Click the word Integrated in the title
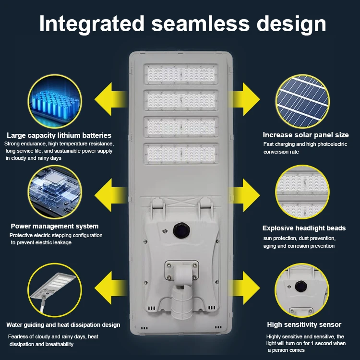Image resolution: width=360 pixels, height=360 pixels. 91,24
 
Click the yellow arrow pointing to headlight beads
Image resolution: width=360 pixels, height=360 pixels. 247,195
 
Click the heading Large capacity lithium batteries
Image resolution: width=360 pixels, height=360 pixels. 59,135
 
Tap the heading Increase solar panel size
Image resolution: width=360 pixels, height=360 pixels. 305,135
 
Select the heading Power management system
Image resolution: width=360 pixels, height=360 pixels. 55,226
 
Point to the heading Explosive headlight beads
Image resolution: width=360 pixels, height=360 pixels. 304,228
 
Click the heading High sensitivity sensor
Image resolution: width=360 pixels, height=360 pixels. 304,324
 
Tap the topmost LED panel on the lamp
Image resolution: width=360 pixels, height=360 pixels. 180,75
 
